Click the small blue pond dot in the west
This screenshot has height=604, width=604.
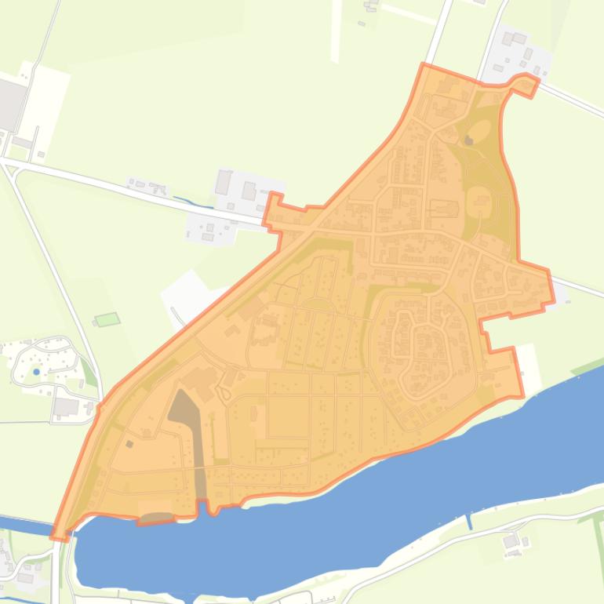36,372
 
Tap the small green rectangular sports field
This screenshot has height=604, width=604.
107,319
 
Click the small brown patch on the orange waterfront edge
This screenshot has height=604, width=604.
156,518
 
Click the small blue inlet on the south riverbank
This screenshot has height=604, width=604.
469,521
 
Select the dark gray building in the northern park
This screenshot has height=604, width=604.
469,140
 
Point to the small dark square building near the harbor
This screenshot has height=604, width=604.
129,444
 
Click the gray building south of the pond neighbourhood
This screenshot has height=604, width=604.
67,406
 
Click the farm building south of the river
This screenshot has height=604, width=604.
511,540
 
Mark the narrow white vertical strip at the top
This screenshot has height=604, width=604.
337,31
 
